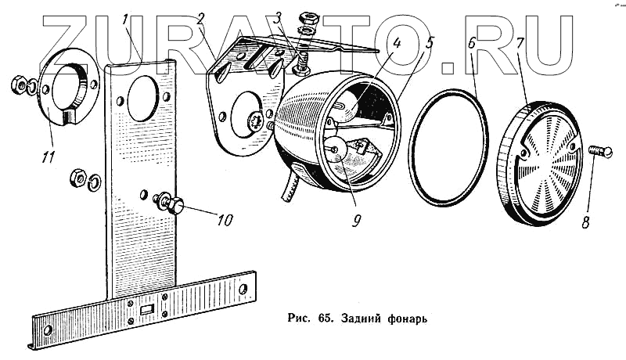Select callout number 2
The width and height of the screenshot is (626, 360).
click(x=200, y=20)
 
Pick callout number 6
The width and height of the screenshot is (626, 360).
click(x=472, y=43)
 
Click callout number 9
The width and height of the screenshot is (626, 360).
click(x=356, y=221)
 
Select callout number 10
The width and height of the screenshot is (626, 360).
click(x=225, y=221)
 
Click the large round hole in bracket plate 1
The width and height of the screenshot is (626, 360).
click(x=142, y=99)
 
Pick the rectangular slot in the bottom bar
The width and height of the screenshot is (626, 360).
click(x=146, y=311)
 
